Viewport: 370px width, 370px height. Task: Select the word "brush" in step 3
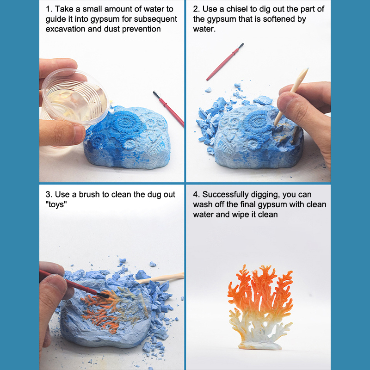(89, 194)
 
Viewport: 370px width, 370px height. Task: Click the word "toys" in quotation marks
(56, 204)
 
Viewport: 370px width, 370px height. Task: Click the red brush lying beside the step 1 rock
(168, 109)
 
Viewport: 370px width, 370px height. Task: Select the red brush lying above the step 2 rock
(225, 62)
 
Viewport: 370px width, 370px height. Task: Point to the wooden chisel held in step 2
(291, 97)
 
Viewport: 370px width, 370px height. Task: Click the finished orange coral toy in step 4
(260, 307)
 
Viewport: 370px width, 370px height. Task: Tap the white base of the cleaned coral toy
(260, 345)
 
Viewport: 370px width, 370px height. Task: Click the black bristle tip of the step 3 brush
(102, 295)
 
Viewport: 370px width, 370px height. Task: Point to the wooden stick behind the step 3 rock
(160, 278)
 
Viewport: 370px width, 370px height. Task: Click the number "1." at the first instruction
(49, 9)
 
